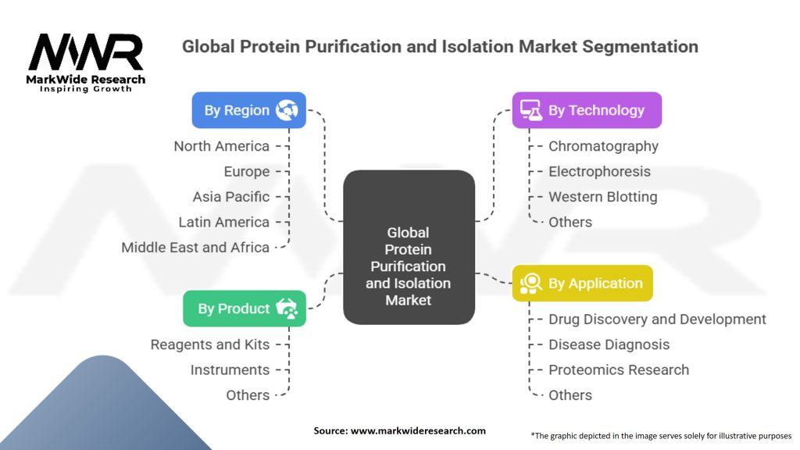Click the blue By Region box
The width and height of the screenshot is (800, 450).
point(249,110)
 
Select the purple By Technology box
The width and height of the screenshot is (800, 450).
point(587,110)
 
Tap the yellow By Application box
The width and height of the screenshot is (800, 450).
point(582,283)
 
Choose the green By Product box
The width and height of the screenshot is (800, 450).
point(245,309)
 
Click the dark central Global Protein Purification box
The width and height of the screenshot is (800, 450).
point(409,248)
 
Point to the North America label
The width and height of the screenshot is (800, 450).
point(221,146)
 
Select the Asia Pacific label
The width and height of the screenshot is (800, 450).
point(230,197)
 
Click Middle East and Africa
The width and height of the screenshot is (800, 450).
point(195,248)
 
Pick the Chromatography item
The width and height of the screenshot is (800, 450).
point(603,146)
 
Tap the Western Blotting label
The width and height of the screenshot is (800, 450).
point(602,197)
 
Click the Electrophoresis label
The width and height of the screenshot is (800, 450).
point(599,171)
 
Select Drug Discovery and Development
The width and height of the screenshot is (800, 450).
point(657,320)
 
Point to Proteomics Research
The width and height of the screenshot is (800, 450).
point(619,370)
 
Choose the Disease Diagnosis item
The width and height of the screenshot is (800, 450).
point(609,345)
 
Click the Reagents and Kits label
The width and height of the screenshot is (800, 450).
point(209,345)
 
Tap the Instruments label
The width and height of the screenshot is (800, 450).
point(230,370)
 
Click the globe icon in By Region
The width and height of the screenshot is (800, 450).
point(287,110)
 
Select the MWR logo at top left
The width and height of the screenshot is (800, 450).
point(86,62)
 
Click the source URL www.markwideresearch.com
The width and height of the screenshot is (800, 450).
point(418,430)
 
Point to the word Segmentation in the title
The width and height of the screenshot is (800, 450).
point(640,46)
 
